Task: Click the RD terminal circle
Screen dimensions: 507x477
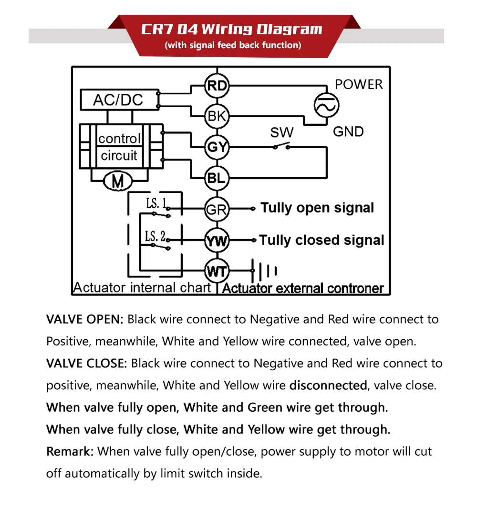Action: [x=217, y=86]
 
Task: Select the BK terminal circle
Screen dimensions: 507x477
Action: [x=217, y=116]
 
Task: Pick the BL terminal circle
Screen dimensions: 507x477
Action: [x=217, y=179]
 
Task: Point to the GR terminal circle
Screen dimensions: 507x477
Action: [x=217, y=209]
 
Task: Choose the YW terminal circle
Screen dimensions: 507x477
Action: [x=217, y=240]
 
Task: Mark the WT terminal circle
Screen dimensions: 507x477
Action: [x=217, y=272]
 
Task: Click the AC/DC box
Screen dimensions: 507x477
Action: [x=118, y=100]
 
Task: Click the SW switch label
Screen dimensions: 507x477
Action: [x=282, y=132]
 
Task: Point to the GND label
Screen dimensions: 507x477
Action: [x=348, y=132]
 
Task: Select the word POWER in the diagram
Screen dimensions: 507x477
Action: [x=359, y=85]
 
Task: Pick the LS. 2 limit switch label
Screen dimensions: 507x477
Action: [x=156, y=235]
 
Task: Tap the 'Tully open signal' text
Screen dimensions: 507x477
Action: [x=317, y=208]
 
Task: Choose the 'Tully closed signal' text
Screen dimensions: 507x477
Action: [x=322, y=240]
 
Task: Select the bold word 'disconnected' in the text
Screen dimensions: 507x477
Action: [x=328, y=385]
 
